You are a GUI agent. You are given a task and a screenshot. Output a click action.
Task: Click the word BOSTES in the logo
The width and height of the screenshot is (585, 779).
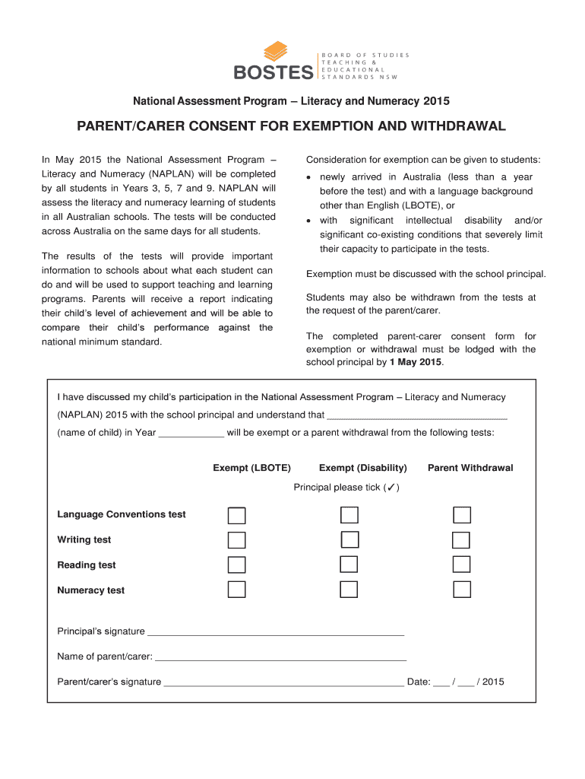[274, 73]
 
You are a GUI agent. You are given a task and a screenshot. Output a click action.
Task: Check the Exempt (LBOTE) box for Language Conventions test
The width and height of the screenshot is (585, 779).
[237, 515]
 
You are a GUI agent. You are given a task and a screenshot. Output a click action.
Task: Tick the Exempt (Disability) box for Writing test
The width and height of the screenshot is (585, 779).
[349, 540]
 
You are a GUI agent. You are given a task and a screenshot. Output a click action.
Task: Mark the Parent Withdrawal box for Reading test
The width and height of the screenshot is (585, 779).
[461, 564]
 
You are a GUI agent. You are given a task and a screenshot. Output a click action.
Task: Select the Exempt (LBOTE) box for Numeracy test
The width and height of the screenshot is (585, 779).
[237, 590]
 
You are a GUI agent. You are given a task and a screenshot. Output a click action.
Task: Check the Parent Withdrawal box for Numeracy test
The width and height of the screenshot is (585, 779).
[461, 590]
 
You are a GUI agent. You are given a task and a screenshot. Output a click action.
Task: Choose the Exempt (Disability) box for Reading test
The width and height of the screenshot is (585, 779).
[349, 564]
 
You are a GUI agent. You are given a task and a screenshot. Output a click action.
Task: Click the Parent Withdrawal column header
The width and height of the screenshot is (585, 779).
[470, 468]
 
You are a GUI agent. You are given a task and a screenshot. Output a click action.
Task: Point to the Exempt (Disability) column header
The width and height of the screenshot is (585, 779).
[363, 468]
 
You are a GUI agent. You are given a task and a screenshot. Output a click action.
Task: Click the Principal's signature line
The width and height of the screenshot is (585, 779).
[275, 632]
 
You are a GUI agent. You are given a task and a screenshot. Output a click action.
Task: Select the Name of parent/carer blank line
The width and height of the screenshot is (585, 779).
[280, 657]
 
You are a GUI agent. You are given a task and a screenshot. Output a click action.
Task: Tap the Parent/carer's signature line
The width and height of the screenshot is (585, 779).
[283, 683]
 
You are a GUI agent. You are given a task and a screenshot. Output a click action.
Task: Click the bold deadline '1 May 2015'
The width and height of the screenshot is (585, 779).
[416, 362]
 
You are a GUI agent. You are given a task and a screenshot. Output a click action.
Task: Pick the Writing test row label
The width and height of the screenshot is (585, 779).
[84, 540]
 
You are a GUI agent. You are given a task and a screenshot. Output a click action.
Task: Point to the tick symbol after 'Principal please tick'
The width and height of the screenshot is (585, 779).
[390, 488]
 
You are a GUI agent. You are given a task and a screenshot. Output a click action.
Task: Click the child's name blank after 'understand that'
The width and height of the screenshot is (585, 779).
[416, 417]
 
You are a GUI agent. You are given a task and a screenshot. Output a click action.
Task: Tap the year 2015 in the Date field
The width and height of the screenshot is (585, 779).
[493, 682]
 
